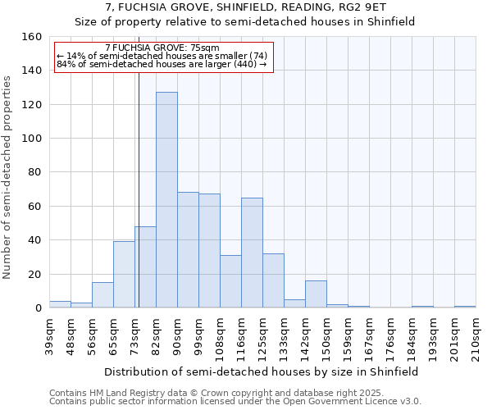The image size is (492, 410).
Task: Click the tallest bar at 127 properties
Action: [x=166, y=200]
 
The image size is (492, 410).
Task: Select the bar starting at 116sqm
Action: [x=252, y=253]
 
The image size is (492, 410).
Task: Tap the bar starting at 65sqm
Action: [x=124, y=275]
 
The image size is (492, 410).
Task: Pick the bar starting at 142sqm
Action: [x=316, y=294]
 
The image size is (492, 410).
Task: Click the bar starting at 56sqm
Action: [x=102, y=295]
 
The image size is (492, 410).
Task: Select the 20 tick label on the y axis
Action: [x=36, y=275]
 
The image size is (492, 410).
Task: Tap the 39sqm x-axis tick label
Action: [x=49, y=335]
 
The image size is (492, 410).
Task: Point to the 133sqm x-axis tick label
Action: [x=284, y=338]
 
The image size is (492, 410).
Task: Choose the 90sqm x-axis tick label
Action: [x=177, y=335]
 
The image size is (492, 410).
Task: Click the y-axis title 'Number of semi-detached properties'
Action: [x=7, y=172]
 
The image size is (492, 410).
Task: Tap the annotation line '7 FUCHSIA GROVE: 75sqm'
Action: [x=162, y=48]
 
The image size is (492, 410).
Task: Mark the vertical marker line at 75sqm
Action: [x=139, y=189]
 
